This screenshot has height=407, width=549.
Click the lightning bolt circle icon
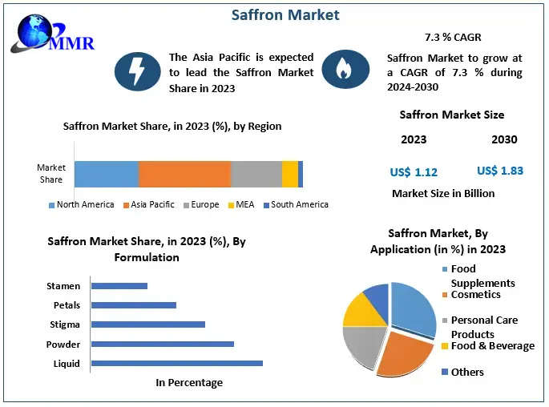click(x=138, y=71)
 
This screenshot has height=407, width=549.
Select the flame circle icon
click(x=345, y=71)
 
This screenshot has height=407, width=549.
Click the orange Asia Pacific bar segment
click(x=184, y=174)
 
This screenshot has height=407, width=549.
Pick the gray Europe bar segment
click(x=256, y=174)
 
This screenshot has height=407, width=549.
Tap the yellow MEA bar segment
click(x=290, y=174)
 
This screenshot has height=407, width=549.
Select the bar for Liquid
click(x=177, y=363)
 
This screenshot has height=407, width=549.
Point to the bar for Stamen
click(x=119, y=285)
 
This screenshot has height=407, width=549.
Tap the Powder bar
click(x=163, y=344)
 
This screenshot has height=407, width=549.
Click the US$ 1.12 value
click(x=414, y=171)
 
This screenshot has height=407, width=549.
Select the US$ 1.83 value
click(x=500, y=171)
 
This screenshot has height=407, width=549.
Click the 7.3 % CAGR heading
click(x=454, y=38)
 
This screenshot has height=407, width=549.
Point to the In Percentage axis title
click(x=189, y=383)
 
